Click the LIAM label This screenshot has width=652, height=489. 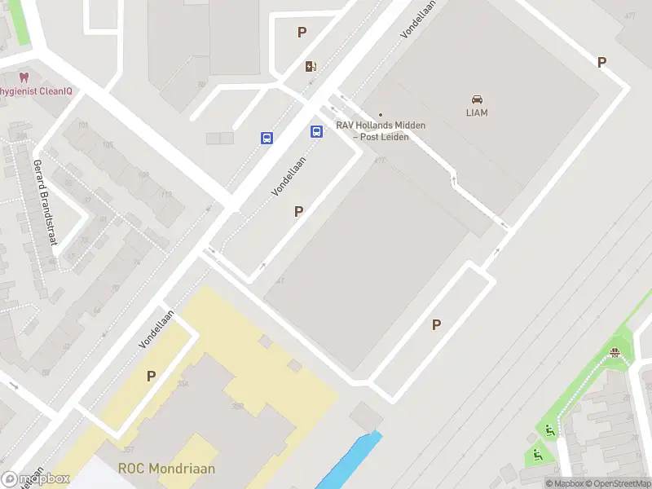[477, 113]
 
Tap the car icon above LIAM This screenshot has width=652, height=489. [477, 99]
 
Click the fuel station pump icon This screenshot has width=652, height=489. [311, 67]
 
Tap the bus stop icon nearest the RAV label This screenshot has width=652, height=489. [316, 131]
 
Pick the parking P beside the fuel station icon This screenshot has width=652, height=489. [302, 33]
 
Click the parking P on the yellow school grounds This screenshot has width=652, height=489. [151, 376]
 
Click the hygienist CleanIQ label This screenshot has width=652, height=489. [36, 91]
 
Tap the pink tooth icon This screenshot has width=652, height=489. [24, 77]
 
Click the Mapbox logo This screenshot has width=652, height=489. [34, 479]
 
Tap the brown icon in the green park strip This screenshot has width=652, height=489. [615, 352]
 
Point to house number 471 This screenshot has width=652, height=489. [629, 16]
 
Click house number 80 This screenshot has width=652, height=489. [201, 84]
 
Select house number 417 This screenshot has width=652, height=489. [379, 160]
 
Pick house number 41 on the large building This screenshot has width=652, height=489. [280, 281]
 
